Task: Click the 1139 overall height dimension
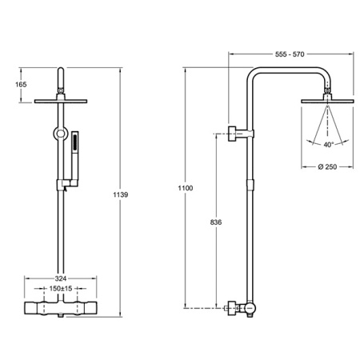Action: [121, 194]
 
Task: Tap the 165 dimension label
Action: [21, 85]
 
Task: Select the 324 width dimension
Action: [61, 278]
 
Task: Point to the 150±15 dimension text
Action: [61, 289]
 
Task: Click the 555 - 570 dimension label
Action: [290, 54]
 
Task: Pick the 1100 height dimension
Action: [186, 188]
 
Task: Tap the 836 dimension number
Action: [216, 222]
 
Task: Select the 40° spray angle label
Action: [329, 145]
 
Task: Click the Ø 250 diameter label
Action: [327, 167]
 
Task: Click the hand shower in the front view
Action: [75, 158]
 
